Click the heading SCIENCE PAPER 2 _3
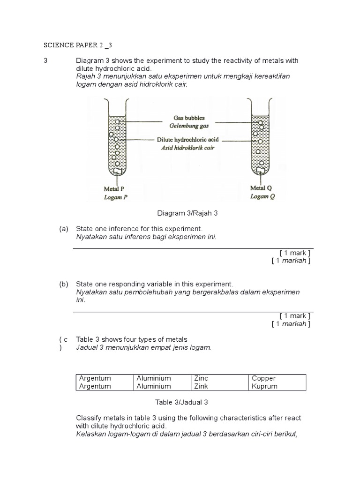click(78, 45)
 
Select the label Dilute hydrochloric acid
click(188, 140)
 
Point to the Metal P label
click(113, 189)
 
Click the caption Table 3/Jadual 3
click(181, 402)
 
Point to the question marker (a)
click(64, 229)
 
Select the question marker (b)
click(64, 284)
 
